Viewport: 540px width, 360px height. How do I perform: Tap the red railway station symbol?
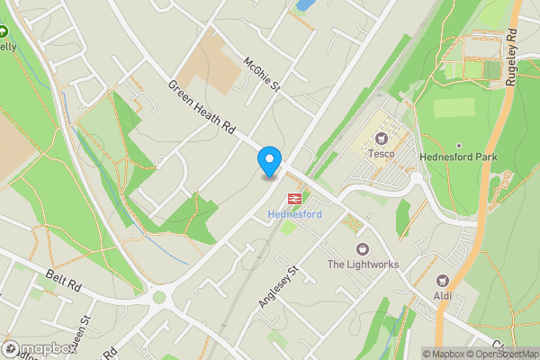(x=294, y=198)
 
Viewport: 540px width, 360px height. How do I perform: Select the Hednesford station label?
(x=293, y=214)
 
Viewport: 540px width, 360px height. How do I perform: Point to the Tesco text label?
(x=381, y=154)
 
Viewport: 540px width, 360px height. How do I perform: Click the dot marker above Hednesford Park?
(x=458, y=145)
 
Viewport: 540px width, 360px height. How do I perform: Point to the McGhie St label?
(x=263, y=74)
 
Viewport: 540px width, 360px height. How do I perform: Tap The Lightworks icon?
(x=363, y=248)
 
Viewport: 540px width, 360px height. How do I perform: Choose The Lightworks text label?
(x=363, y=265)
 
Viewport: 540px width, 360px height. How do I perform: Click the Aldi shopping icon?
(x=442, y=282)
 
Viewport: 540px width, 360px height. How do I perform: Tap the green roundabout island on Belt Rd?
(x=159, y=297)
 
